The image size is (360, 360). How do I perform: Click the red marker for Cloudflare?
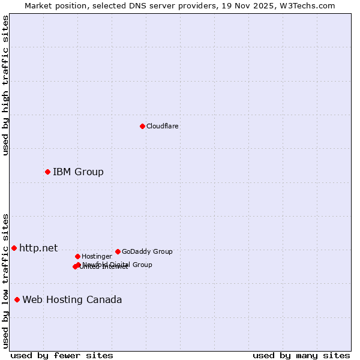pyautogui.click(x=142, y=126)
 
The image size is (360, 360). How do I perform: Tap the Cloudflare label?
pyautogui.click(x=163, y=126)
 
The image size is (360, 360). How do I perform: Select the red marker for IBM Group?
pyautogui.click(x=47, y=172)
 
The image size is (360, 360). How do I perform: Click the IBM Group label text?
pyautogui.click(x=78, y=172)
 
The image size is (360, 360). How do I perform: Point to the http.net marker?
pyautogui.click(x=14, y=248)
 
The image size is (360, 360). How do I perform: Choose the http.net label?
pyautogui.click(x=38, y=248)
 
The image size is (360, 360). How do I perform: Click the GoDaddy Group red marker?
pyautogui.click(x=118, y=251)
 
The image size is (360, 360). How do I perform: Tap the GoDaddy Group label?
pyautogui.click(x=147, y=251)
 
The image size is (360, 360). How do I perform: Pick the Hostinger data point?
pyautogui.click(x=77, y=256)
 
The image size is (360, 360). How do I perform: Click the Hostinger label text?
pyautogui.click(x=97, y=256)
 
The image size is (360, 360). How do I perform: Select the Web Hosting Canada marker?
pyautogui.click(x=17, y=299)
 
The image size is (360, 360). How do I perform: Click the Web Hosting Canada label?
pyautogui.click(x=72, y=299)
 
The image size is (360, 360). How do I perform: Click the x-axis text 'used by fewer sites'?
pyautogui.click(x=62, y=355)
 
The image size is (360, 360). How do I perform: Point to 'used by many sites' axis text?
pyautogui.click(x=301, y=355)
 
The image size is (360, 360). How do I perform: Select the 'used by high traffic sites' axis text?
pyautogui.click(x=6, y=85)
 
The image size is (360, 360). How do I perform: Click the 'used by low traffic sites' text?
pyautogui.click(x=6, y=281)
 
